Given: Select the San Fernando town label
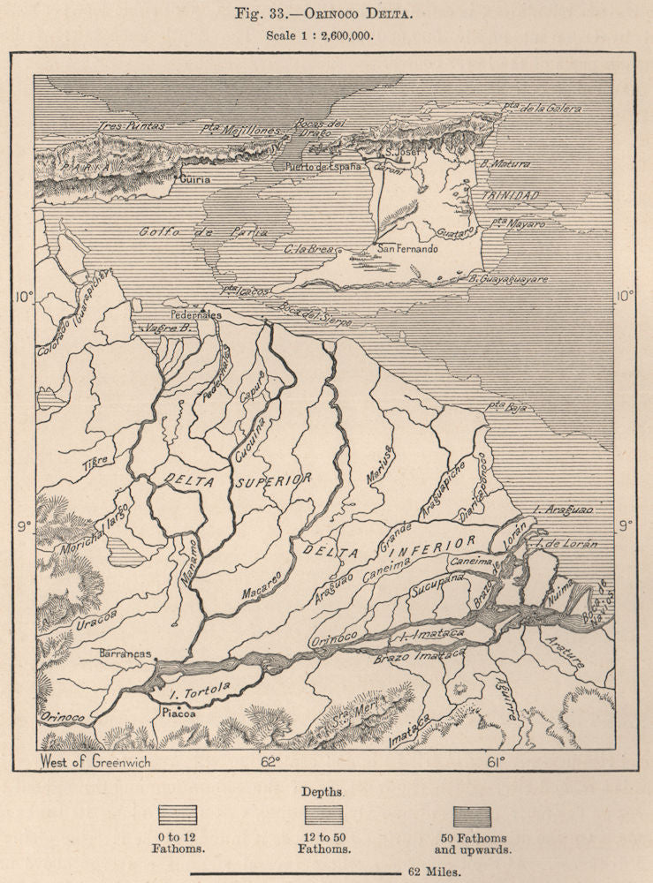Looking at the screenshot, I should (407, 249).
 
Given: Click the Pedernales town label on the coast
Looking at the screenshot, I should (196, 313).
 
